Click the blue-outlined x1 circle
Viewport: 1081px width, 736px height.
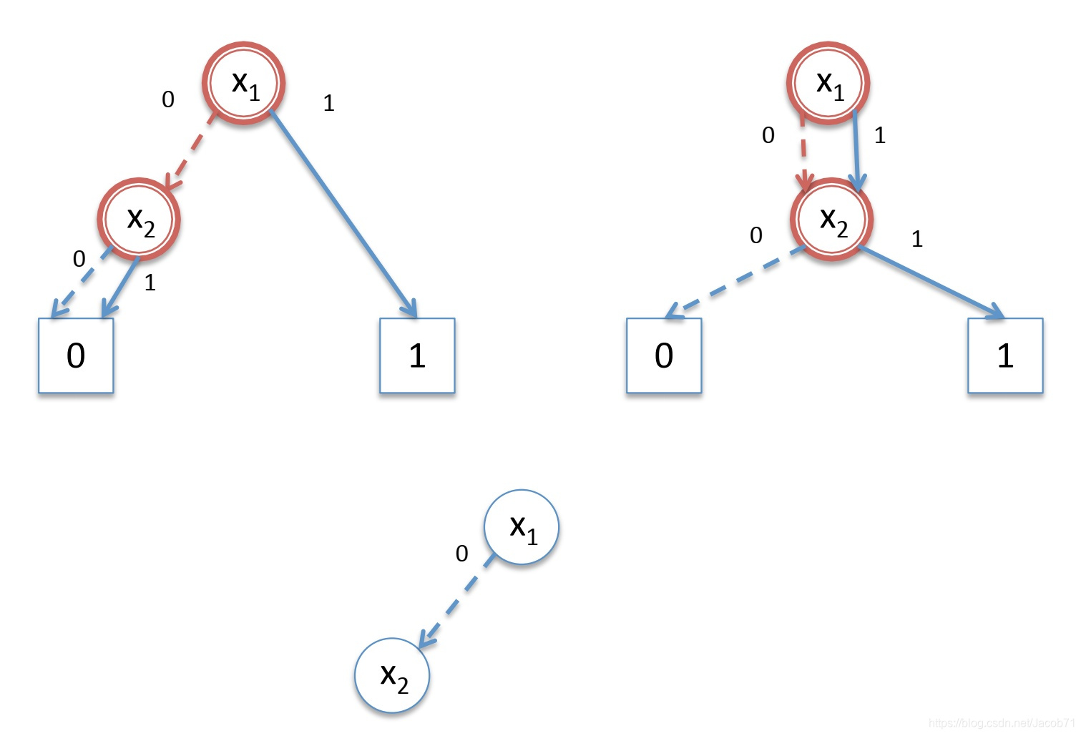pos(521,527)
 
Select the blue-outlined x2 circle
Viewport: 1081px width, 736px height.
pos(392,675)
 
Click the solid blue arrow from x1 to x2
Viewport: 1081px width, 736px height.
pos(857,150)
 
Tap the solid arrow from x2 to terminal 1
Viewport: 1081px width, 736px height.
pos(930,281)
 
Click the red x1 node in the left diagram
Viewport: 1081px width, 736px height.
pos(244,83)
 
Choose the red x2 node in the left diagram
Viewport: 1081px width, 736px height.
pos(139,219)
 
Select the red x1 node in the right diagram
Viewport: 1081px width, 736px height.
pos(828,83)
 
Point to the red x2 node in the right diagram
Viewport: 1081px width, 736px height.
pos(831,219)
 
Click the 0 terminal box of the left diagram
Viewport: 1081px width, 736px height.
pos(76,355)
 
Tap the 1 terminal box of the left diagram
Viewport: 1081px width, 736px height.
pos(417,355)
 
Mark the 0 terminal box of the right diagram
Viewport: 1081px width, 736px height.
pos(664,355)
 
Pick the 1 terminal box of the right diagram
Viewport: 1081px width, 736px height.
pos(1005,355)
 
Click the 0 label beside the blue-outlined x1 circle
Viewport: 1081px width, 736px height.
pos(462,553)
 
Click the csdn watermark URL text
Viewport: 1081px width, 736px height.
pos(1002,723)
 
